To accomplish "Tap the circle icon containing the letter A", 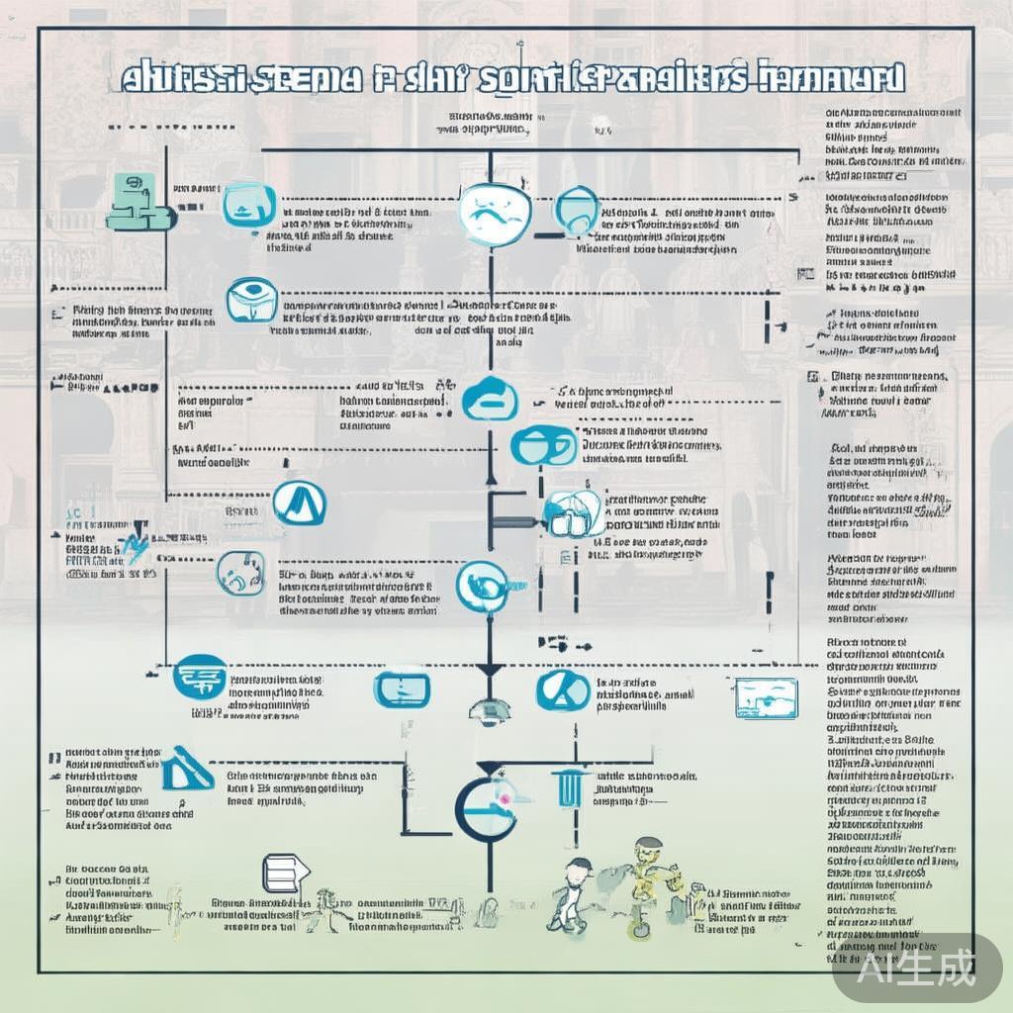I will tap(299, 504).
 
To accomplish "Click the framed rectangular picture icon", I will tap(767, 698).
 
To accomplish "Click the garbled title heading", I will tap(511, 79).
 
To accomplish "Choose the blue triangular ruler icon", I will tap(187, 770).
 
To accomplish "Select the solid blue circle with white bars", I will tap(199, 679).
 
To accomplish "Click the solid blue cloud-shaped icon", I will tap(490, 398).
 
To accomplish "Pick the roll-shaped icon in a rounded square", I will tap(252, 300).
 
